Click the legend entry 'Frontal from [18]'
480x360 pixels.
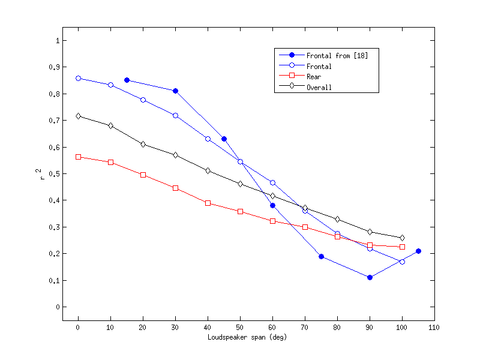(x=336, y=56)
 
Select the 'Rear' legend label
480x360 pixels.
(x=314, y=76)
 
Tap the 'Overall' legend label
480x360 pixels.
(x=319, y=87)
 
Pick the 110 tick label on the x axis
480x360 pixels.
(x=434, y=327)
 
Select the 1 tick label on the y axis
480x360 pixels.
(x=56, y=41)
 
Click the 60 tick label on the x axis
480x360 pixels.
(x=272, y=327)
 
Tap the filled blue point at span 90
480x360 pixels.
(x=370, y=277)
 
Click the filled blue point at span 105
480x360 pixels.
(x=418, y=251)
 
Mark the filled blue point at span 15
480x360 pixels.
(x=127, y=80)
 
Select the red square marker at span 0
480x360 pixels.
(x=78, y=157)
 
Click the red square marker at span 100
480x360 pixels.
(x=402, y=247)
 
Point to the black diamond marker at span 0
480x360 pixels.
(x=78, y=116)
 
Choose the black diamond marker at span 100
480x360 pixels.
(x=402, y=238)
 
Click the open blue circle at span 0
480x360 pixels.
(x=78, y=78)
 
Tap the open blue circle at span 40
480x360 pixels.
(x=208, y=139)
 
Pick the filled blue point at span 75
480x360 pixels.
(x=321, y=256)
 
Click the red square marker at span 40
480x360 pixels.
(x=208, y=203)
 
